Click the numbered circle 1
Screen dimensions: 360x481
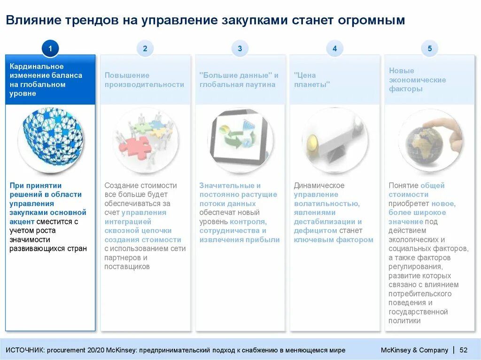click(x=50, y=48)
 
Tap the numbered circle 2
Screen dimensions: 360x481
click(x=145, y=48)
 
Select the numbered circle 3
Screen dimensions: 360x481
click(x=240, y=48)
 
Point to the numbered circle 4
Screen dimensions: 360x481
click(x=334, y=48)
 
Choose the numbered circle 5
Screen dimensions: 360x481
click(x=429, y=48)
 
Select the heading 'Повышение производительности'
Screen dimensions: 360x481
click(x=144, y=80)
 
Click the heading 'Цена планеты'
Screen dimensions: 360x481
click(x=312, y=80)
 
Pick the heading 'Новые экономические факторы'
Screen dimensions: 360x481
click(x=417, y=80)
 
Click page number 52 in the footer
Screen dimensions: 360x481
click(x=463, y=350)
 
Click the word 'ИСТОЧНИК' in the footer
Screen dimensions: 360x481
click(x=24, y=350)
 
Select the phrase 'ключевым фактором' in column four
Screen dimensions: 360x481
click(x=334, y=240)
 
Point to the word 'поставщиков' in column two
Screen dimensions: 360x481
click(x=127, y=267)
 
